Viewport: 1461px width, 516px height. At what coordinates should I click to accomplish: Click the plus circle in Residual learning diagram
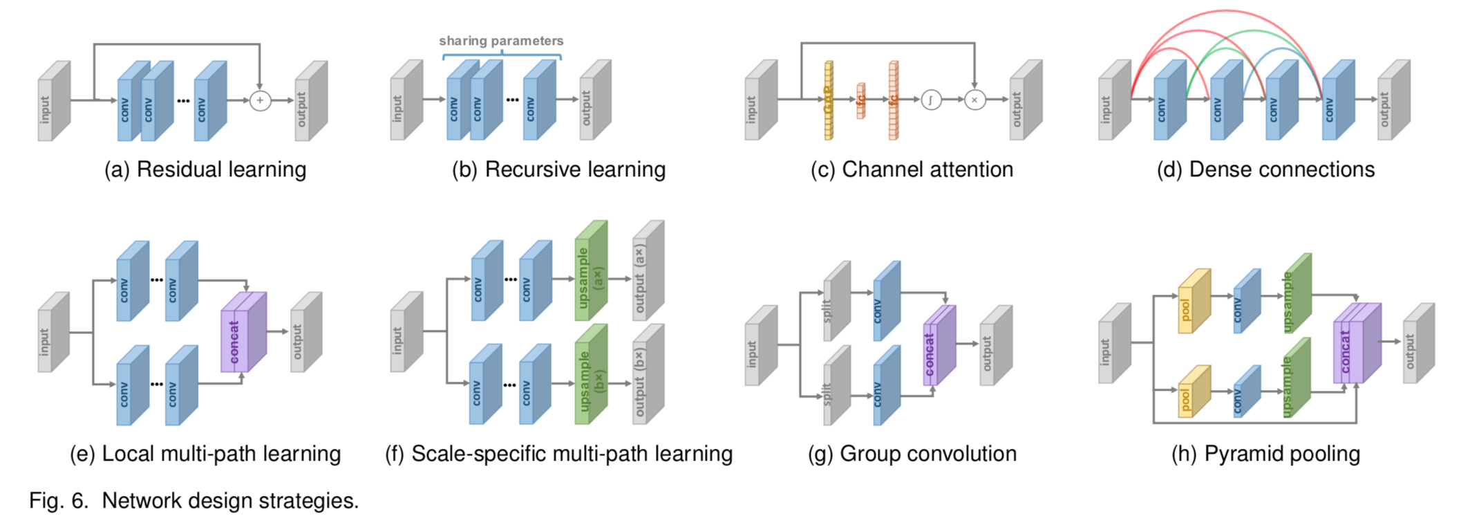click(x=260, y=100)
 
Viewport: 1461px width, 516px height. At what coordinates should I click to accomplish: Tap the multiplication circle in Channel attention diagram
click(x=974, y=100)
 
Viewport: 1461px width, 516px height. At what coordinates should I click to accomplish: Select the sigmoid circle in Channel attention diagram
click(x=931, y=100)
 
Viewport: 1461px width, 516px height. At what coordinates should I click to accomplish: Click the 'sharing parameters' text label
click(x=501, y=41)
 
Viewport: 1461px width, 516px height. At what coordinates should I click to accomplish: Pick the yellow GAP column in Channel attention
click(x=829, y=101)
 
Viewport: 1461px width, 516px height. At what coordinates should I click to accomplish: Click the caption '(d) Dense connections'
click(x=1265, y=169)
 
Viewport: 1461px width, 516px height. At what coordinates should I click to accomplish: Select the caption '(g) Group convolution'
click(x=912, y=454)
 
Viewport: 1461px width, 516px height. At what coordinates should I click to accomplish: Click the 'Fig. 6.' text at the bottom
click(x=59, y=500)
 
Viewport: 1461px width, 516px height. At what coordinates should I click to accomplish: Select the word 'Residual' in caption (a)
click(x=178, y=169)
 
